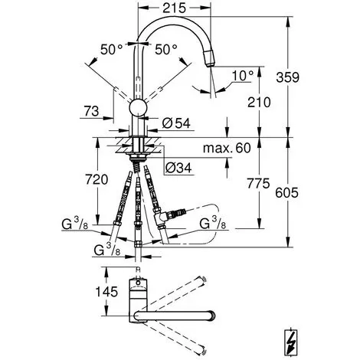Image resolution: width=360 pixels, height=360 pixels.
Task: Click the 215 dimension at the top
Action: (175, 8)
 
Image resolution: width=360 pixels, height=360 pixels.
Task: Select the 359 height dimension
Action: (287, 77)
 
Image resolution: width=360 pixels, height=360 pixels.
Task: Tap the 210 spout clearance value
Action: (259, 102)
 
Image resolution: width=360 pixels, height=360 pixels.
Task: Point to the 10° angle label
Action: (243, 76)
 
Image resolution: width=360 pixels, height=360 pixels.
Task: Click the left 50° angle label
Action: (112, 50)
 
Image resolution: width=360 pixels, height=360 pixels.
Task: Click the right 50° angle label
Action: (166, 49)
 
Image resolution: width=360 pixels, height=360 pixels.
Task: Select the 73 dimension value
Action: (91, 111)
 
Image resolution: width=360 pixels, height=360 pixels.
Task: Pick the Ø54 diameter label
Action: (176, 123)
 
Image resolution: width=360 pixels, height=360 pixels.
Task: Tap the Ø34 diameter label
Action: (178, 168)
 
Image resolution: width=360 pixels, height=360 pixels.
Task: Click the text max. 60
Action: (227, 148)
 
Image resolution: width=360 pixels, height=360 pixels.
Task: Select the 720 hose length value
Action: (97, 179)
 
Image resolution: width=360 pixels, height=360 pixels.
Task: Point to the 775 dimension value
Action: (258, 183)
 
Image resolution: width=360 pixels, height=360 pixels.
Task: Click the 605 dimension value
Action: (286, 192)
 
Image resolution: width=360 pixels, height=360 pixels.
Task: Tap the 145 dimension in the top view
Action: (106, 292)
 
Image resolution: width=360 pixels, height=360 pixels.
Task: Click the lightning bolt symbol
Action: (291, 342)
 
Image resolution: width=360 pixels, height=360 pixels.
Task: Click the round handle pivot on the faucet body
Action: (138, 108)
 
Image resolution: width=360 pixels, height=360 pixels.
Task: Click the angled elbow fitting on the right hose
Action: (160, 216)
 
